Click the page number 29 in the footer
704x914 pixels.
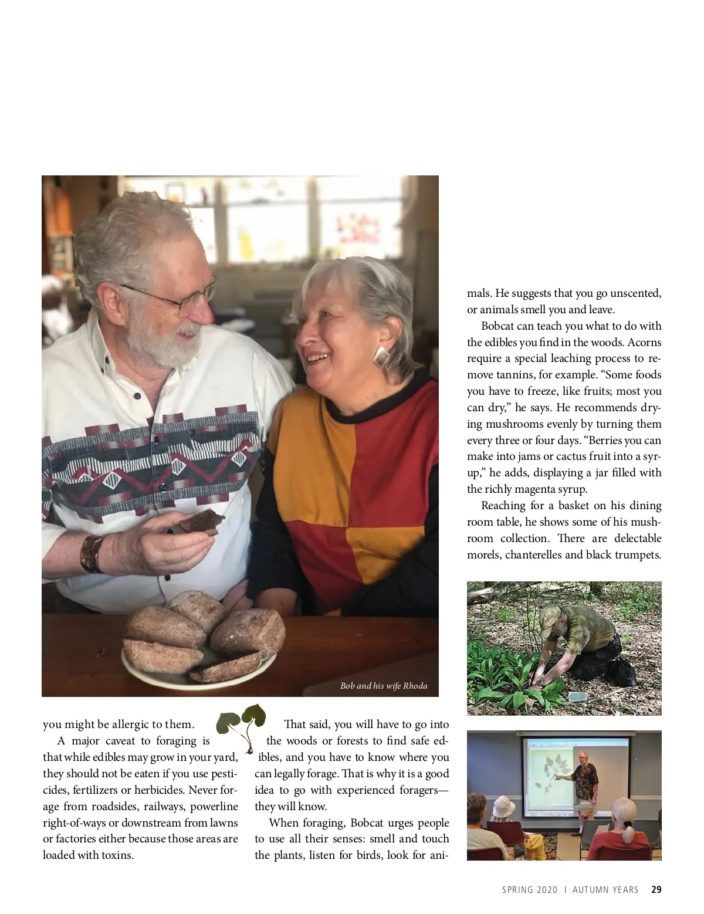656,889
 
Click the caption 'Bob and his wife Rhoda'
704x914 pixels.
384,685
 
